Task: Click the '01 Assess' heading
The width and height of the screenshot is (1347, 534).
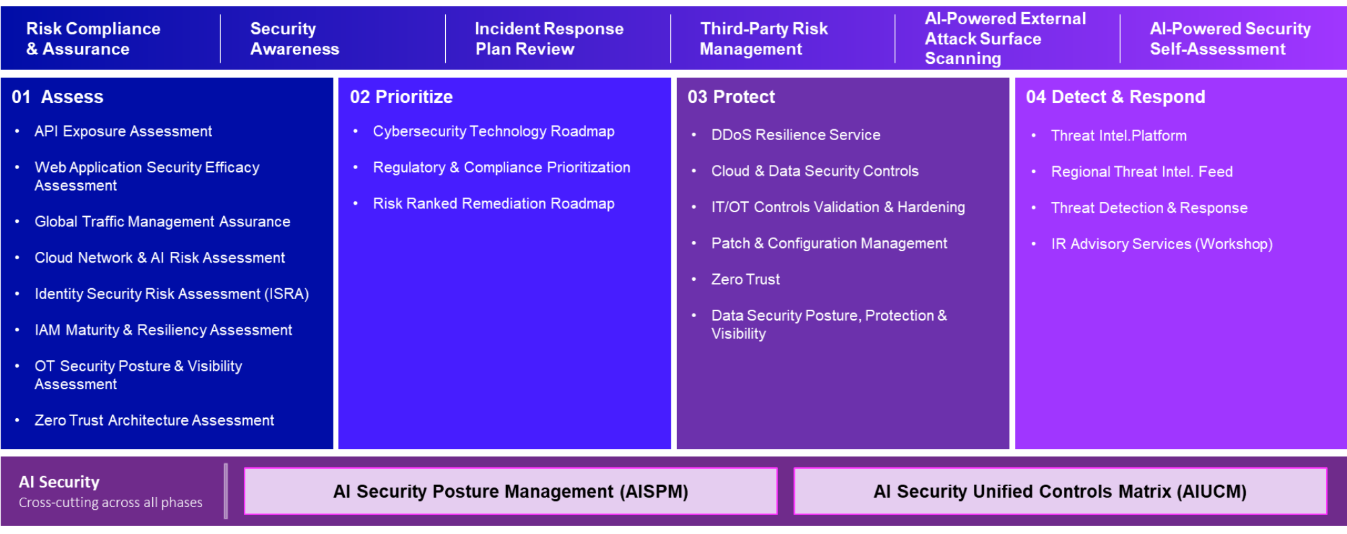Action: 57,97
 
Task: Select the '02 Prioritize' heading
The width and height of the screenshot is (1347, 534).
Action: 401,97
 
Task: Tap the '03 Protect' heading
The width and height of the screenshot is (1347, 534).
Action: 731,97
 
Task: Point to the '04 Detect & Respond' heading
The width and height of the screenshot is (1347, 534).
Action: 1115,97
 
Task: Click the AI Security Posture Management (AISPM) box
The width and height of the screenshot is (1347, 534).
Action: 511,492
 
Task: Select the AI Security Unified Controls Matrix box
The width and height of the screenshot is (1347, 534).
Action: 1060,492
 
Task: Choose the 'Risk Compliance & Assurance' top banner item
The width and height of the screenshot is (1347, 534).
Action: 93,39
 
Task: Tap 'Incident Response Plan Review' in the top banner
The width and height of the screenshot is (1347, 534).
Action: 549,39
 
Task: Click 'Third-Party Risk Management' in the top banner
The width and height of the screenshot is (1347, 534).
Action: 764,39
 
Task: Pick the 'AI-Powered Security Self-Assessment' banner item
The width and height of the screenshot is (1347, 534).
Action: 1230,39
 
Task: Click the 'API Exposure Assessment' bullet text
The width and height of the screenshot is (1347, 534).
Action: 123,131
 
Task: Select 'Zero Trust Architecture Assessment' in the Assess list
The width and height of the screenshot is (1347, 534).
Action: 154,420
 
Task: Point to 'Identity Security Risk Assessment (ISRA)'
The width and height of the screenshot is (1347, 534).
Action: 172,294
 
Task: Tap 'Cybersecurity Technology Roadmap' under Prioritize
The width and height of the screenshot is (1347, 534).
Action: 494,131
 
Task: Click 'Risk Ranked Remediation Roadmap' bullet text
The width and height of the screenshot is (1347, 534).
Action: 494,203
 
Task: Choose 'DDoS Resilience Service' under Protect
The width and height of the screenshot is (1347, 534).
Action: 796,135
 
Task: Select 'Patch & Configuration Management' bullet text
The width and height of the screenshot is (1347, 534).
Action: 829,243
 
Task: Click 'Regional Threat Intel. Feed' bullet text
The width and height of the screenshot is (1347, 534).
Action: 1142,172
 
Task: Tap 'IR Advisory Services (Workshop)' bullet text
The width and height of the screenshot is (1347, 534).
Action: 1162,244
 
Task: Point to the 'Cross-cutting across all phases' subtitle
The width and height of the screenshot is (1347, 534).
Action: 110,502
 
